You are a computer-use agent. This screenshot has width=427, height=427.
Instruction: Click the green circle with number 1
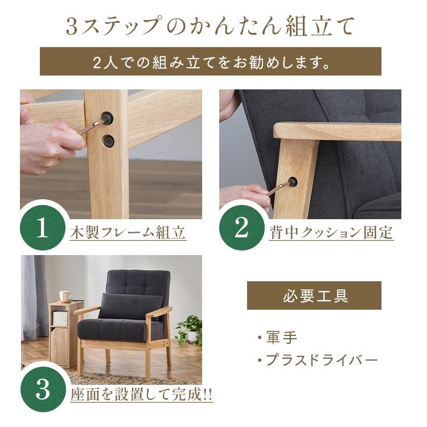point(43,228)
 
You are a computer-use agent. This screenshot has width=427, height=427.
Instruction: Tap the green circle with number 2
point(242,228)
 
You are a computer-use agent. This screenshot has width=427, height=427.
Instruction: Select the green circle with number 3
point(43,389)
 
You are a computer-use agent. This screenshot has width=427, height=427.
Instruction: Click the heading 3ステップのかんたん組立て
point(210,26)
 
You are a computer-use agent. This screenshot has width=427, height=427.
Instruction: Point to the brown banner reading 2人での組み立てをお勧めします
point(211,61)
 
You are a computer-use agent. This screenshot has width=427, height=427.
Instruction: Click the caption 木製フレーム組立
point(128,233)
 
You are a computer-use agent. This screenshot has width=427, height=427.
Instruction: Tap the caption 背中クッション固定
point(331,233)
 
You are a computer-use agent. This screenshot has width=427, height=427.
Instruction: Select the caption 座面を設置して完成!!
point(141,395)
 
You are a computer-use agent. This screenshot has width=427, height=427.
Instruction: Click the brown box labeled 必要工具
point(314,295)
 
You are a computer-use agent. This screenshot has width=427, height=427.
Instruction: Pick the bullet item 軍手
point(278,338)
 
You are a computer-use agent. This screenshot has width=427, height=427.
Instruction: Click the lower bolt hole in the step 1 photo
point(108,141)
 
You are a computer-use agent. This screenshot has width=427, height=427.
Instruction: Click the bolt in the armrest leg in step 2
point(292,182)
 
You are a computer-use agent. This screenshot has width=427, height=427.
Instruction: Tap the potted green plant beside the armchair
point(190,330)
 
